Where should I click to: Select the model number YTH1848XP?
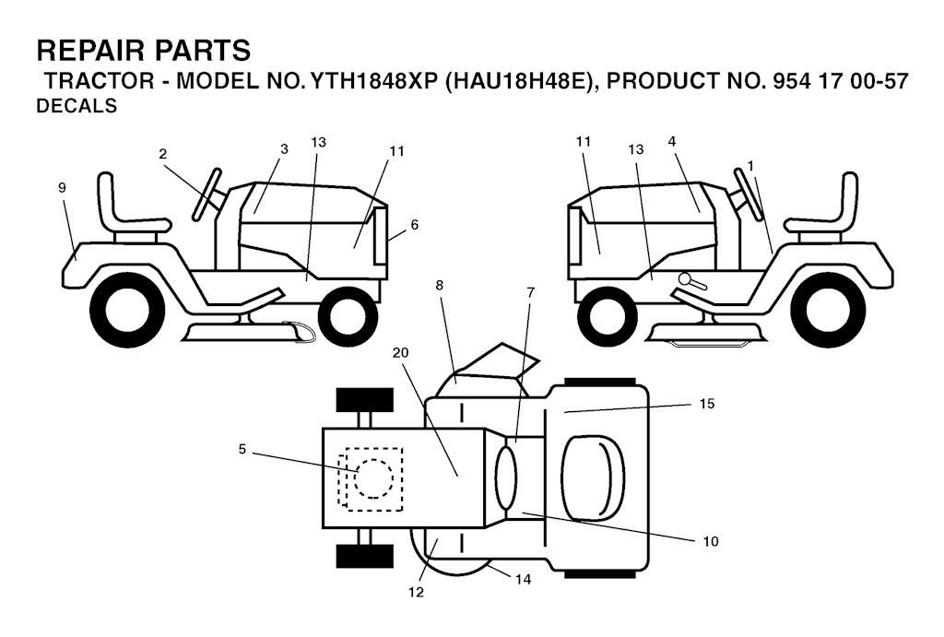(x=372, y=81)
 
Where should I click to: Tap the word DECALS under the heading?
(x=77, y=106)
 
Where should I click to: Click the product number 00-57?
(x=879, y=81)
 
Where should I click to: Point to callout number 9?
(x=62, y=188)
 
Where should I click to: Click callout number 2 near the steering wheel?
(x=162, y=154)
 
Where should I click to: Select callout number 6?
(x=414, y=225)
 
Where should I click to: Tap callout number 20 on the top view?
(x=400, y=353)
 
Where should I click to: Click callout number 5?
(x=242, y=449)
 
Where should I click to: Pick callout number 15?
(x=707, y=404)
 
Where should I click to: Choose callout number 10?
(x=711, y=541)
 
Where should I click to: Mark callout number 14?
(x=524, y=579)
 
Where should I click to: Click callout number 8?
(x=440, y=286)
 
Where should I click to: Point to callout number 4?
(x=672, y=141)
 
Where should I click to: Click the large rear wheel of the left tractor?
(x=127, y=311)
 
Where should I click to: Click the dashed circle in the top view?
(x=373, y=478)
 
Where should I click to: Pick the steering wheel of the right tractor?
(x=749, y=195)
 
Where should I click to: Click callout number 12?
(x=416, y=593)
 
